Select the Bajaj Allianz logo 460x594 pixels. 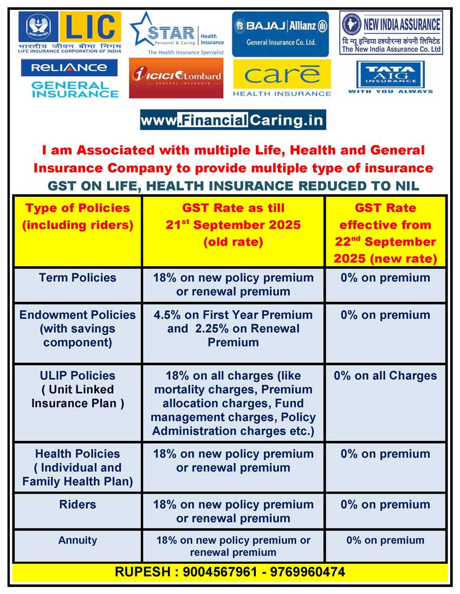tap(280, 34)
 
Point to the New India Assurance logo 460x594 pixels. tap(391, 33)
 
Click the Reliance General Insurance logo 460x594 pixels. tap(69, 78)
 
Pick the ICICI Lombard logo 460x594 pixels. tap(176, 77)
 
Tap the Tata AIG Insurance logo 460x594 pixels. tap(390, 77)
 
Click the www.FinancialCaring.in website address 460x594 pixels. tap(233, 120)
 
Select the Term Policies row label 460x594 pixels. tap(77, 278)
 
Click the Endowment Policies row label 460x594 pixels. tap(77, 328)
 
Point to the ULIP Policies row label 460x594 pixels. tap(77, 390)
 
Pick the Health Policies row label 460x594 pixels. tap(77, 467)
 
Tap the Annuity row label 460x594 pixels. tap(77, 540)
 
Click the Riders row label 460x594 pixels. tap(77, 505)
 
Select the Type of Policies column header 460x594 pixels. tap(77, 216)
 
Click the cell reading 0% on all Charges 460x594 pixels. tap(385, 376)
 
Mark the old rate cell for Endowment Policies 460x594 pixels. tap(233, 328)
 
